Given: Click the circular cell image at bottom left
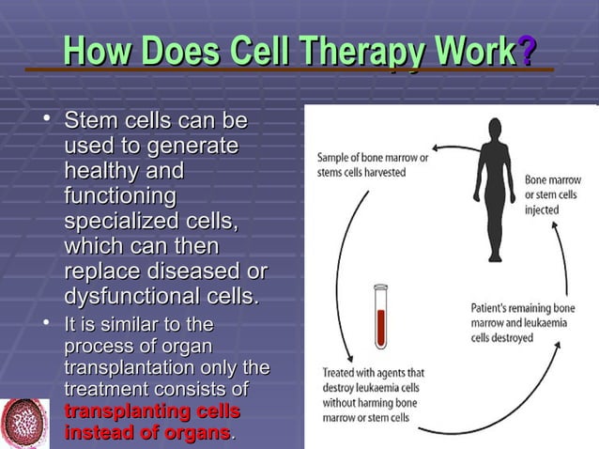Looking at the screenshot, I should coord(25,423).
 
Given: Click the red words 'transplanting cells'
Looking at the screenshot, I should coord(152,411).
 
